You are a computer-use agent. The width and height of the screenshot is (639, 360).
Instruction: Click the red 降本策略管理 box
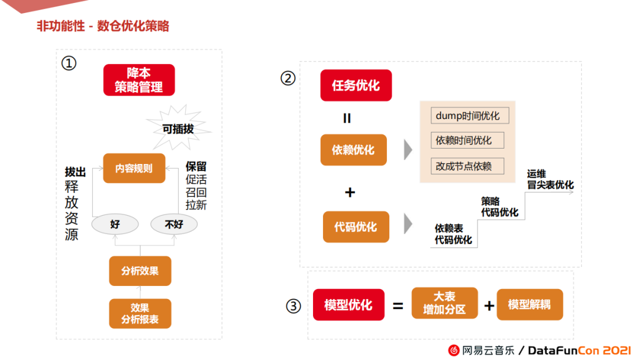tap(139, 80)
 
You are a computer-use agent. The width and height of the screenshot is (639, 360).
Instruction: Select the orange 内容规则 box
tap(134, 168)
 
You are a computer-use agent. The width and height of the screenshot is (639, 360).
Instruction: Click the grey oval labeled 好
tap(115, 224)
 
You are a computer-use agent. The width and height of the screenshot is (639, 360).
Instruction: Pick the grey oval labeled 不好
tap(174, 224)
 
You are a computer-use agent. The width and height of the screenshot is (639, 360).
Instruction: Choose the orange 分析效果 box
tap(140, 271)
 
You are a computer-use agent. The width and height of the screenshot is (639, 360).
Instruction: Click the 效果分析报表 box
tap(140, 314)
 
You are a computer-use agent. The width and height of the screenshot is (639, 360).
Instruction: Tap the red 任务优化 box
tap(356, 85)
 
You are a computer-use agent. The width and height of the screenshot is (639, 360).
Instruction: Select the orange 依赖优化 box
tap(353, 150)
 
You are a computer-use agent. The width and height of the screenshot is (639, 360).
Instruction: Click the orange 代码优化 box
tap(356, 227)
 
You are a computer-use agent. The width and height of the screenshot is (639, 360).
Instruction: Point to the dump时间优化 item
tap(467, 115)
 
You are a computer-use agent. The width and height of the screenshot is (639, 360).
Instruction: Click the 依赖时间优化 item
tap(463, 140)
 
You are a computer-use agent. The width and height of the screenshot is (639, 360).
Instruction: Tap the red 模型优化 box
tap(348, 305)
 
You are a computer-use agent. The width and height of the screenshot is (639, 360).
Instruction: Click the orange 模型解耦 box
tap(529, 305)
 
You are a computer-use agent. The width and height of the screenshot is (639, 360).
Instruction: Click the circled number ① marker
tap(69, 63)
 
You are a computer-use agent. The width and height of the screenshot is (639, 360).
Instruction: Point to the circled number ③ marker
tap(293, 306)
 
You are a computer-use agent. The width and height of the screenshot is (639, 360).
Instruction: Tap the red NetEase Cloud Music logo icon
tap(454, 350)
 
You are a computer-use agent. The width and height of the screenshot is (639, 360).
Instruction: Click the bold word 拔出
tap(75, 172)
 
